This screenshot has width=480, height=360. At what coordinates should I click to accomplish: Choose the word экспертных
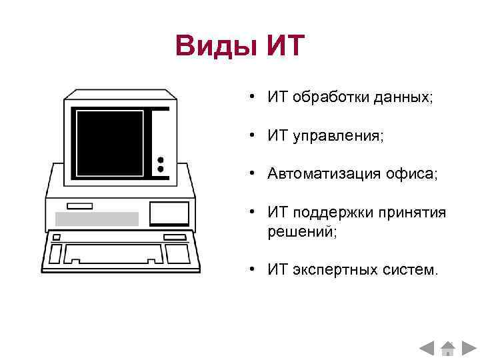pos(329,270)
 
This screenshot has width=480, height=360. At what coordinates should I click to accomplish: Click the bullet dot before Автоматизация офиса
pos(254,174)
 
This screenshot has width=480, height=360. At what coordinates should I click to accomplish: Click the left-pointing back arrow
pos(427,348)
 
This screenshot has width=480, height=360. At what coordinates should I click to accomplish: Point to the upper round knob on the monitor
pos(160,160)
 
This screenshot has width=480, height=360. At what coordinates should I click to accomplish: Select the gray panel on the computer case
pos(97,219)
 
